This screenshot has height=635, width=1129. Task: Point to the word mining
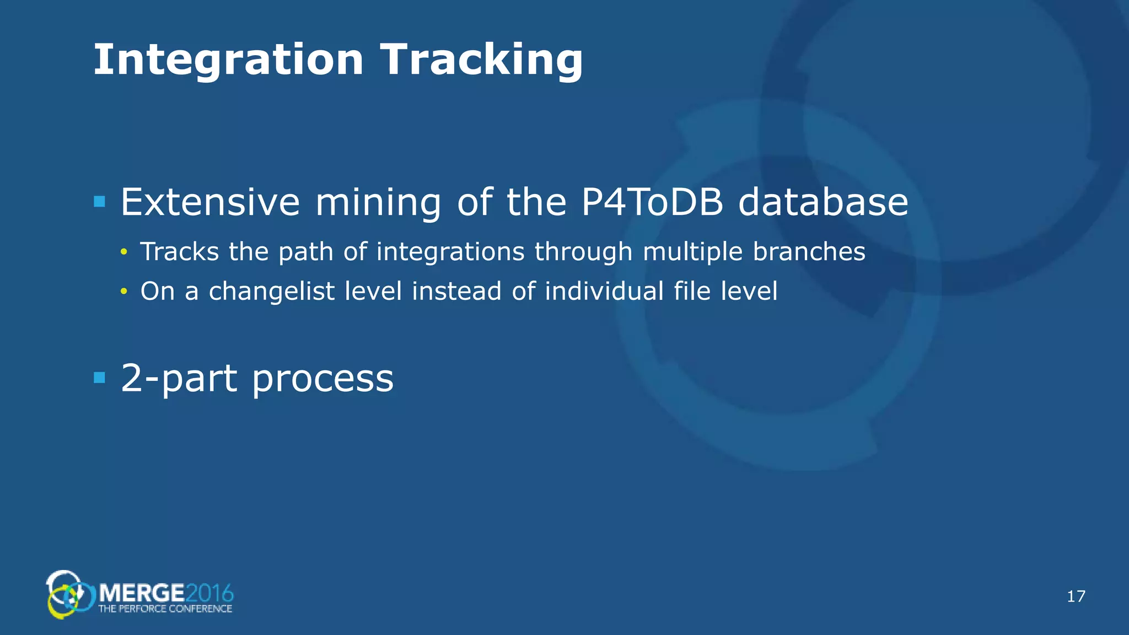click(x=378, y=203)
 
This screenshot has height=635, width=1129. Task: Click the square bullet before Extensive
click(x=100, y=202)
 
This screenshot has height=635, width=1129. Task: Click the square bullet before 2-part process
click(x=100, y=378)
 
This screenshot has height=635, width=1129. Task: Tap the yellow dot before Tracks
click(x=124, y=252)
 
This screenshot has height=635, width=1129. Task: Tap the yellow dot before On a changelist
click(x=124, y=292)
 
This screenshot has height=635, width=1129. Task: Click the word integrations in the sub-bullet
click(x=450, y=252)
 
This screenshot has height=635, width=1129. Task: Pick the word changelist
click(x=271, y=291)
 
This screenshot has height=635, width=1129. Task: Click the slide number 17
click(x=1076, y=596)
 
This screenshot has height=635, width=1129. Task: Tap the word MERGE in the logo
click(x=142, y=594)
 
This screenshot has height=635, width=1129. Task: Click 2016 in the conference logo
click(x=209, y=594)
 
